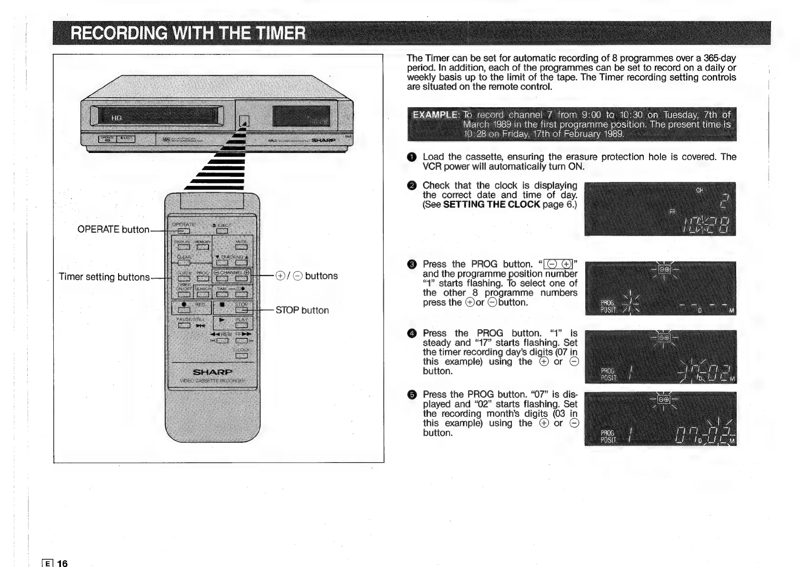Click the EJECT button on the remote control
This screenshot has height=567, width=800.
pos(222,231)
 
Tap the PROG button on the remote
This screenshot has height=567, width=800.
pos(202,279)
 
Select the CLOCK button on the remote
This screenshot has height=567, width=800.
pos(184,279)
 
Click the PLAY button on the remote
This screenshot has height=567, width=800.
pos(241,325)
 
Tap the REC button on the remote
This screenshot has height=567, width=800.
pos(184,310)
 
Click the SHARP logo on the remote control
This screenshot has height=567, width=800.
pos(212,372)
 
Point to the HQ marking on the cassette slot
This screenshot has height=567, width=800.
pos(117,118)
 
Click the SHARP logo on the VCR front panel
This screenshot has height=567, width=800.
pos(323,140)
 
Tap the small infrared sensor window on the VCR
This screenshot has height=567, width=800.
pos(244,122)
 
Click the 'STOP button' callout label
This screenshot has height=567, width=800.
pos(302,310)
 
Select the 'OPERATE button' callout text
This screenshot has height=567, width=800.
pos(113,229)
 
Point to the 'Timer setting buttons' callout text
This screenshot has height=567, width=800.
pos(104,277)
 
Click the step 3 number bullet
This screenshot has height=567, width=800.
pos(412,264)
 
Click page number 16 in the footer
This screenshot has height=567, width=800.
pos(62,563)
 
